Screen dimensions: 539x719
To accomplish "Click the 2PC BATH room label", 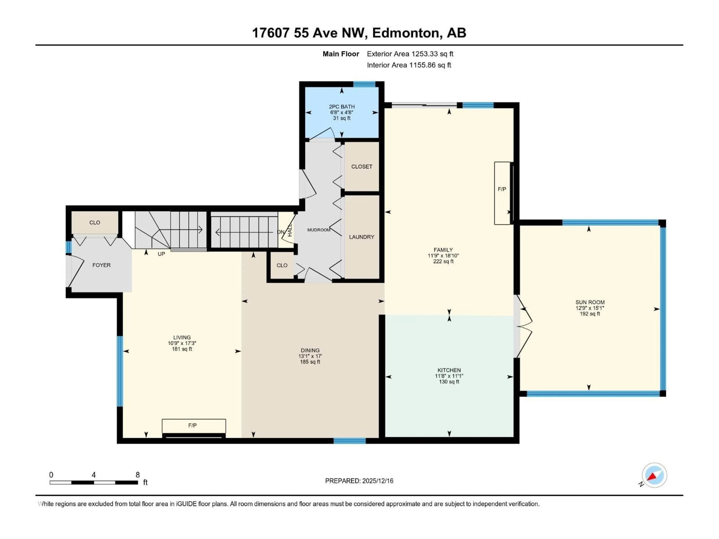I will [342, 106].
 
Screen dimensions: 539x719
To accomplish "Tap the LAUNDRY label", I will [361, 237].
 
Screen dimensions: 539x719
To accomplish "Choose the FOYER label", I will [101, 265].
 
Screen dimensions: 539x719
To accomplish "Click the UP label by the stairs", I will [161, 254].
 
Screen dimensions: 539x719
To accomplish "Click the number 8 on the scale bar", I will [137, 475].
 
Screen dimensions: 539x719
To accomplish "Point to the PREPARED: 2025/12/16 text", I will [359, 481].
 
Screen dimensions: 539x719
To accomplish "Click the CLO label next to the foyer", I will [95, 223].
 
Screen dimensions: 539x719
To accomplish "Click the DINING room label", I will [310, 350].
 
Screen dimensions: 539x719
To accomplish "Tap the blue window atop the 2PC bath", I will [364, 84].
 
